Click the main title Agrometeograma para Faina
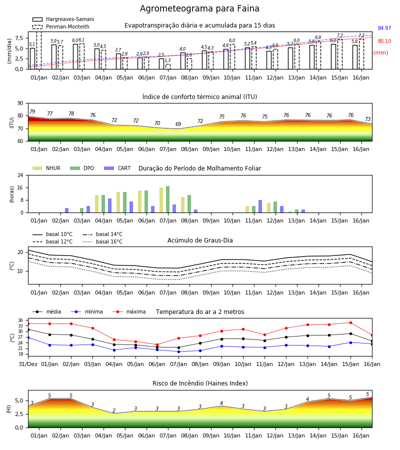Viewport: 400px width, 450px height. pyautogui.click(x=199, y=8)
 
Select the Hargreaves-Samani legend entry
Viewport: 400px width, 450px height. pyautogui.click(x=63, y=19)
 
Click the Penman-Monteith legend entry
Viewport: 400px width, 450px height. pyautogui.click(x=61, y=26)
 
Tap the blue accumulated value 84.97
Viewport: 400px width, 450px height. pyautogui.click(x=384, y=28)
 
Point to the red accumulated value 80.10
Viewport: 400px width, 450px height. pyautogui.click(x=384, y=41)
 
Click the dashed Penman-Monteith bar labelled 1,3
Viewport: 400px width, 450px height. pyautogui.click(x=168, y=66)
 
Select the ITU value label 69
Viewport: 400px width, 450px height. pyautogui.click(x=178, y=124)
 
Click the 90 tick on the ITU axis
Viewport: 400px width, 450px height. pyautogui.click(x=20, y=103)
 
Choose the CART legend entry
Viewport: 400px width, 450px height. pyautogui.click(x=117, y=168)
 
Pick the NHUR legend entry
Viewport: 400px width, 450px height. pyautogui.click(x=46, y=168)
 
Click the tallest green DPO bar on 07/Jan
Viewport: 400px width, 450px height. pyautogui.click(x=167, y=199)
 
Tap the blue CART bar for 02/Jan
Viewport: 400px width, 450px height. pyautogui.click(x=67, y=210)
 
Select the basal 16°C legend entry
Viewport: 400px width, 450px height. pyautogui.click(x=102, y=241)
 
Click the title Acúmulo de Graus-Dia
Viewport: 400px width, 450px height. pyautogui.click(x=200, y=240)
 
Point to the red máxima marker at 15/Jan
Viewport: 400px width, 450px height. pyautogui.click(x=350, y=323)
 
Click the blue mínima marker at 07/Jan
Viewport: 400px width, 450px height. pyautogui.click(x=179, y=351)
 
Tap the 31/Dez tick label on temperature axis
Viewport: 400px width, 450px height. pyautogui.click(x=28, y=364)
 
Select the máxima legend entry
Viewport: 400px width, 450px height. pyautogui.click(x=129, y=311)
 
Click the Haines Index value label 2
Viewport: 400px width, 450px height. pyautogui.click(x=114, y=410)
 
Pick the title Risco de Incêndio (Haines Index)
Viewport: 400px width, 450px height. pyautogui.click(x=200, y=383)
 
